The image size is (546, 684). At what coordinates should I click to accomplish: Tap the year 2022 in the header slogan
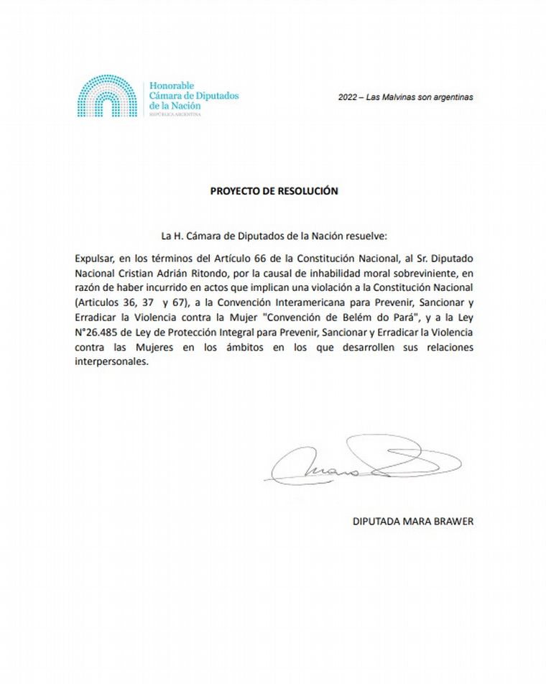pos(349,98)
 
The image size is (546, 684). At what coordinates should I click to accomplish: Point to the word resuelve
pos(369,236)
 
